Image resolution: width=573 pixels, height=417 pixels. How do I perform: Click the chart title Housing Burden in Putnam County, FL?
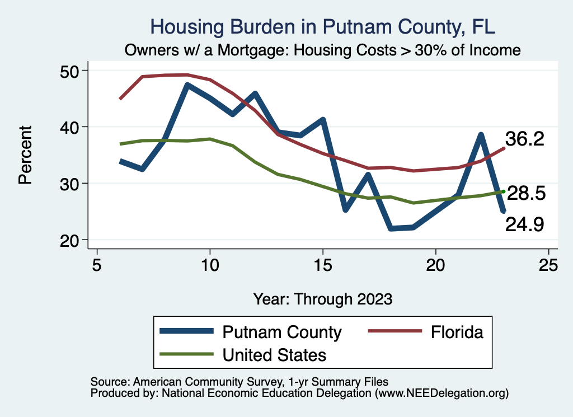coord(323,27)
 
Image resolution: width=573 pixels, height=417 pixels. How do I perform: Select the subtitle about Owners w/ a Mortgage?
coord(323,50)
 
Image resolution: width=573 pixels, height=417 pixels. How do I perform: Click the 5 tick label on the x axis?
coord(97,265)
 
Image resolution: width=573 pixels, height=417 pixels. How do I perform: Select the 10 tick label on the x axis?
coord(210,265)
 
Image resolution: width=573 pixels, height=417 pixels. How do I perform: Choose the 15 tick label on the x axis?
coord(323,265)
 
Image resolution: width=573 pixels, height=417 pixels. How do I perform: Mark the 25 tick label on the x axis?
coord(548,265)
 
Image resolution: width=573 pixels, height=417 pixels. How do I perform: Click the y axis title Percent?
coord(25,155)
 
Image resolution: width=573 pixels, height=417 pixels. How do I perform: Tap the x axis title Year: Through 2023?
coord(323,298)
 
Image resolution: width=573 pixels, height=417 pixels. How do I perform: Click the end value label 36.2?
coord(525,139)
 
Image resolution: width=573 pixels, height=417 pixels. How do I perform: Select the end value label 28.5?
coord(526,194)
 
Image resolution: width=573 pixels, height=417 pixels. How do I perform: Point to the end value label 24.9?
coord(525,224)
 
